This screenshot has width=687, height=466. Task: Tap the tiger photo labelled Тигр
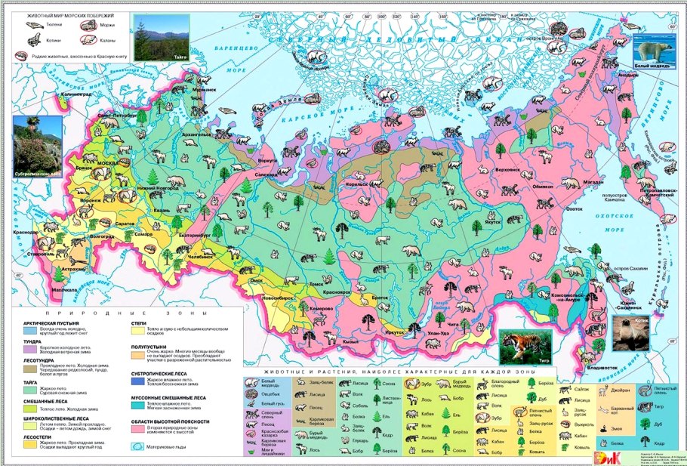525,348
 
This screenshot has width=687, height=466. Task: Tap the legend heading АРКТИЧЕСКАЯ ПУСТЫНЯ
53,321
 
